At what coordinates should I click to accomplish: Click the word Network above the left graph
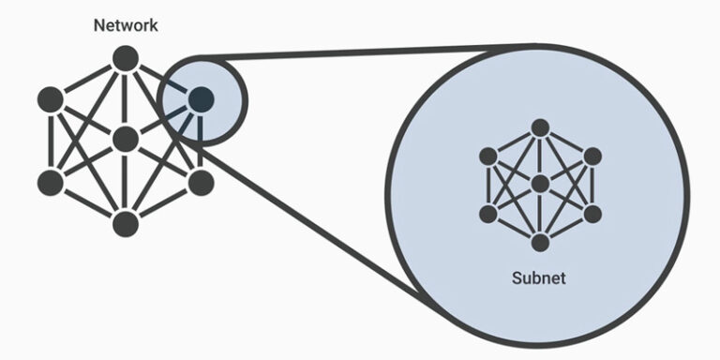tap(126, 25)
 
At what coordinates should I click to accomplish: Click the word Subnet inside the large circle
tap(539, 278)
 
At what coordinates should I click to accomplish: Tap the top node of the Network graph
tap(126, 58)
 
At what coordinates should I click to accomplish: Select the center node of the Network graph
tap(126, 140)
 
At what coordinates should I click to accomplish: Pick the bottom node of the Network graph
tap(126, 224)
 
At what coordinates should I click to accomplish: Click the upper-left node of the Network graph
tap(51, 98)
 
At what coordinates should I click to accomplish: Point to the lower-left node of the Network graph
tap(51, 183)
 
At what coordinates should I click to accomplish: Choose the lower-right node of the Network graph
tap(201, 183)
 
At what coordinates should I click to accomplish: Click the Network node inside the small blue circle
tap(201, 97)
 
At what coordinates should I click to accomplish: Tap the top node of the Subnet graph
tap(539, 127)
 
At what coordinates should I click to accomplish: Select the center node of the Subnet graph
tap(539, 184)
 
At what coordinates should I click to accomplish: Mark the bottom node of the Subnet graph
tap(539, 243)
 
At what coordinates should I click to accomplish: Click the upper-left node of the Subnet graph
tap(487, 156)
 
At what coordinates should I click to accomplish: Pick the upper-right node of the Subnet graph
tap(592, 156)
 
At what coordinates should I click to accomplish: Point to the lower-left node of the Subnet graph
tap(487, 214)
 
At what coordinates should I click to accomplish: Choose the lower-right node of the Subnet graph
tap(592, 214)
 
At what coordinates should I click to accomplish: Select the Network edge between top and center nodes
tap(126, 98)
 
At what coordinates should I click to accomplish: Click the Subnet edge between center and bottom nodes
tap(539, 214)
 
